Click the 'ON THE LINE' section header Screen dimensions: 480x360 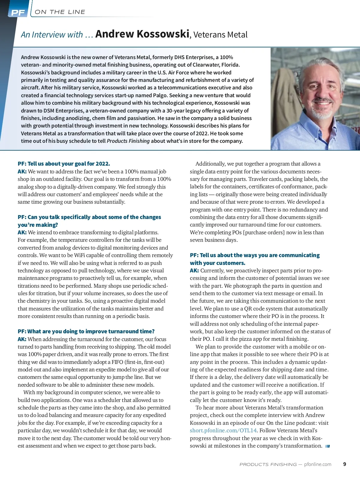coord(60,12)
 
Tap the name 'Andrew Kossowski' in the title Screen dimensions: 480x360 coord(142,34)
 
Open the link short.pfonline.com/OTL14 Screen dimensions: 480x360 coord(223,430)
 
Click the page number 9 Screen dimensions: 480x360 coord(344,464)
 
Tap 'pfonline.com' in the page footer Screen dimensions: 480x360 coord(318,464)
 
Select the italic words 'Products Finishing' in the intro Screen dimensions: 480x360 coord(128,141)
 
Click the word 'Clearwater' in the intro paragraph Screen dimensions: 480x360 coord(205,65)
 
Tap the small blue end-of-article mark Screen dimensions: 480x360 coord(327,446)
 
